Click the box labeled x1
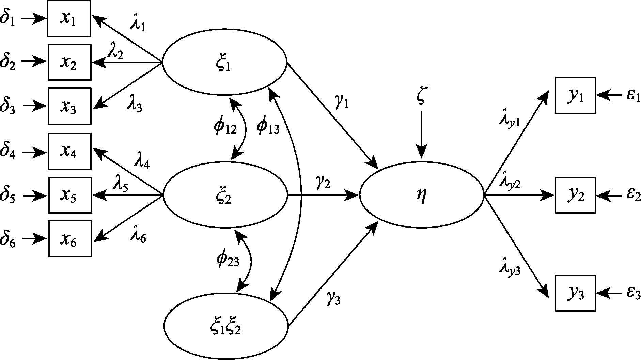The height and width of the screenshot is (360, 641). click(69, 19)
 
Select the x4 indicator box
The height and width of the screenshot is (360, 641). click(69, 152)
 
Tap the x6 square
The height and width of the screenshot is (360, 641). click(70, 239)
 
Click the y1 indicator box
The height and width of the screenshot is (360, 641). click(575, 95)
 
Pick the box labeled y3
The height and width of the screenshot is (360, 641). click(575, 293)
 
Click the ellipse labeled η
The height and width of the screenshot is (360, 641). click(422, 195)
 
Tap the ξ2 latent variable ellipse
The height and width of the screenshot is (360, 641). click(225, 195)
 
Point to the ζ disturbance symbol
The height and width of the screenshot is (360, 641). click(421, 97)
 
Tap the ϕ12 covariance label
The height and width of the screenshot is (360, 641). click(225, 127)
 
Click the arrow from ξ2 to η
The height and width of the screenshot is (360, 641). click(324, 195)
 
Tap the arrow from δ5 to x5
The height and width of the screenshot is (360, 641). click(34, 195)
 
